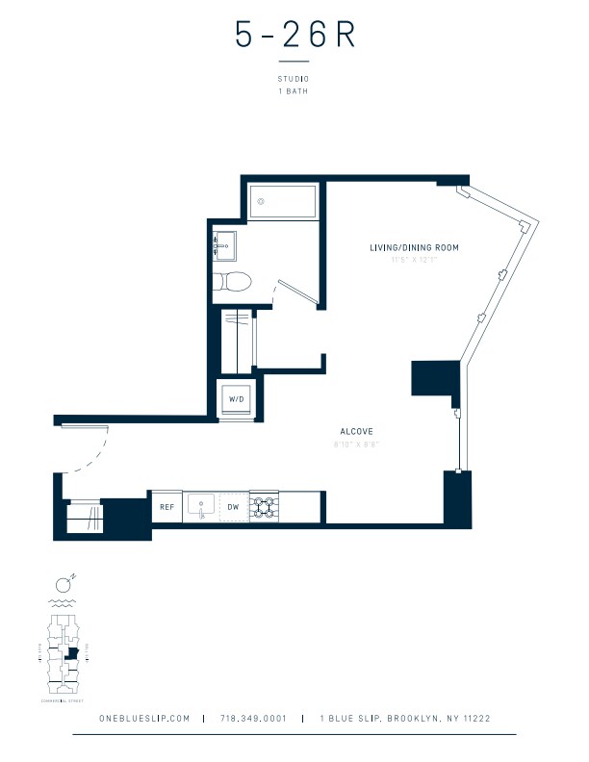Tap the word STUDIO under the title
(294, 79)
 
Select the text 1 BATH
(294, 91)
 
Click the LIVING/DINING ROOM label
(414, 247)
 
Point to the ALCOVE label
(356, 431)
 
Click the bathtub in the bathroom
(283, 203)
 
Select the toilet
(232, 282)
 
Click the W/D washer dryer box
(235, 398)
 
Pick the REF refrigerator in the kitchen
(166, 505)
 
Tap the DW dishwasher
(233, 505)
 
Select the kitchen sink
(202, 504)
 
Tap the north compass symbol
(63, 583)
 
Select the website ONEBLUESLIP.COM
(143, 719)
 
